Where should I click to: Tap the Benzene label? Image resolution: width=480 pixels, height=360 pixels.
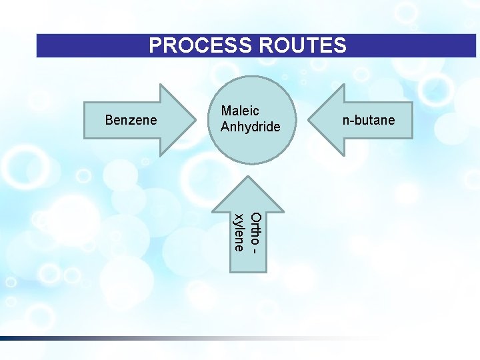pos(131,121)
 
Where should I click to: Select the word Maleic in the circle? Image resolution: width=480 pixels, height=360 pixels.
pos(240,111)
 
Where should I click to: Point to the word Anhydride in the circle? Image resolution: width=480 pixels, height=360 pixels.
pos(251,127)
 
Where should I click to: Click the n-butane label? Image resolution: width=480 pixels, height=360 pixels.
pos(369,121)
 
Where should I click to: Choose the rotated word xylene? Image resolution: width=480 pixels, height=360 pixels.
pos(239,233)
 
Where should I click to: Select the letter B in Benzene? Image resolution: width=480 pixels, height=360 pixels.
pos(110,121)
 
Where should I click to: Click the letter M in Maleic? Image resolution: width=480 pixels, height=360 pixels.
pos(227,111)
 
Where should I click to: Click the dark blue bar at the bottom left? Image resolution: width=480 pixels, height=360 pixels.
pos(27,339)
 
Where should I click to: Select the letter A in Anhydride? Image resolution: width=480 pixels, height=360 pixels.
pos(225,127)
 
